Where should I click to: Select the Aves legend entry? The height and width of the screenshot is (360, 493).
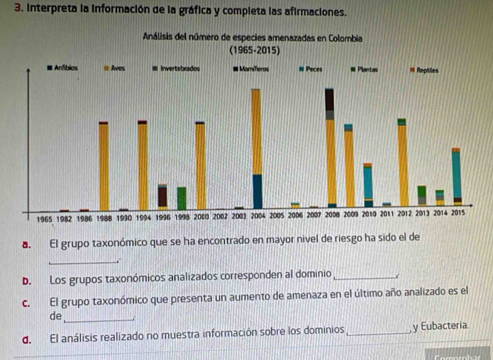tap(116, 69)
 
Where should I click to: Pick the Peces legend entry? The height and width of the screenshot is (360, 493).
tap(313, 69)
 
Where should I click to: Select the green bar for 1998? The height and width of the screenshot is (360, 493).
tap(182, 198)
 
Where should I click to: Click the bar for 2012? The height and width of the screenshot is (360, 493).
tap(402, 163)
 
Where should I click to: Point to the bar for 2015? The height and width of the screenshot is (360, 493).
tap(456, 177)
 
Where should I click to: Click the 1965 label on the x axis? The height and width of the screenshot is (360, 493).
tap(45, 220)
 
